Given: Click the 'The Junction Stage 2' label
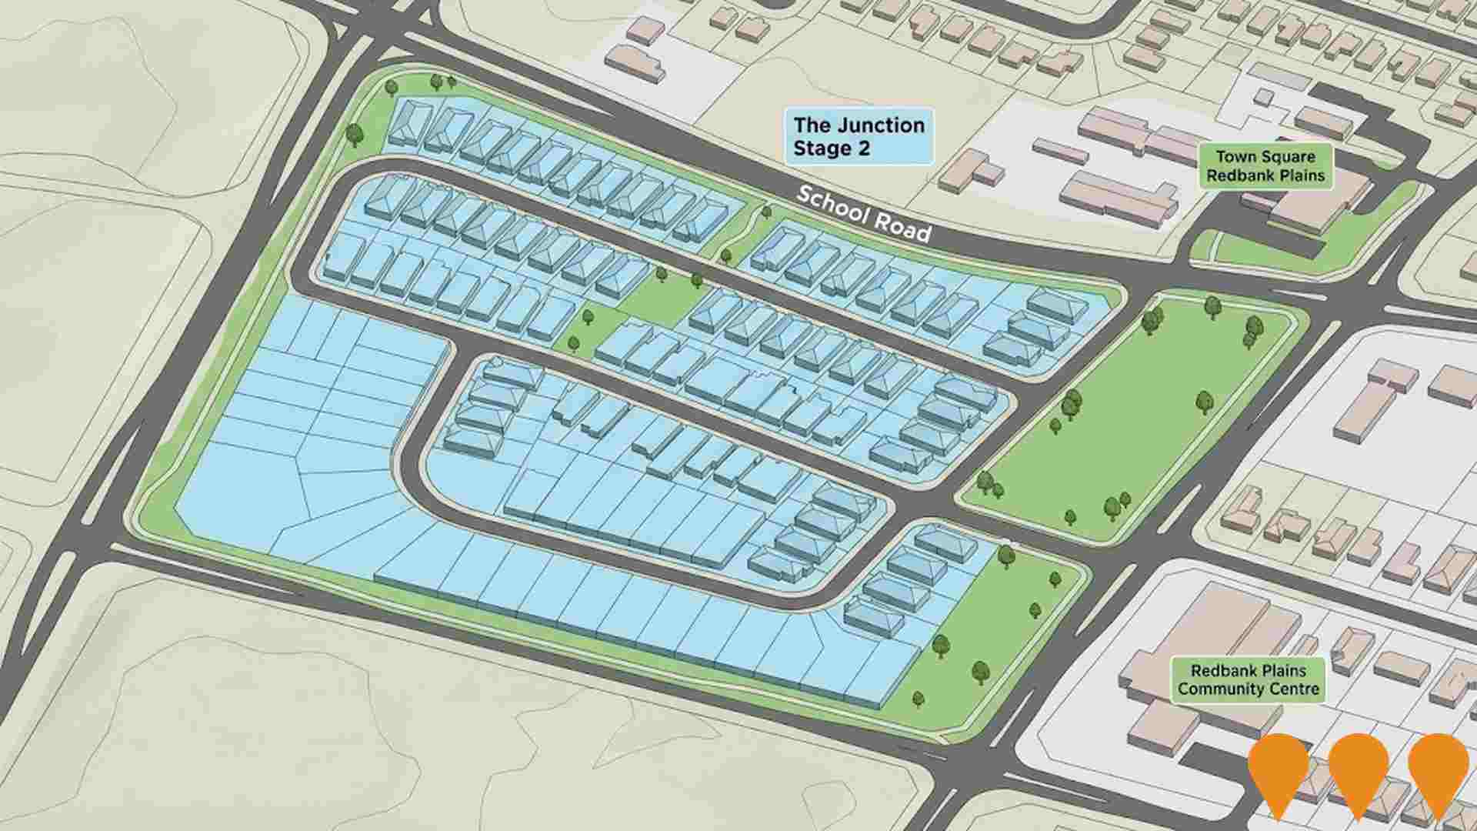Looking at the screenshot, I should click(859, 136).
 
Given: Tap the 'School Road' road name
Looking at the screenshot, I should click(863, 213).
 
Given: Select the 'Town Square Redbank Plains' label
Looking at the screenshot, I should click(1265, 166).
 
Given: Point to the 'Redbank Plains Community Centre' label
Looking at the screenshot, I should click(1248, 680).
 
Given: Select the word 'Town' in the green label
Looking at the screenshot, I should click(1237, 157).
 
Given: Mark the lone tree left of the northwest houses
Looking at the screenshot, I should click(354, 135).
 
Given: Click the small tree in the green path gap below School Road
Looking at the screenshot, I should click(765, 212).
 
